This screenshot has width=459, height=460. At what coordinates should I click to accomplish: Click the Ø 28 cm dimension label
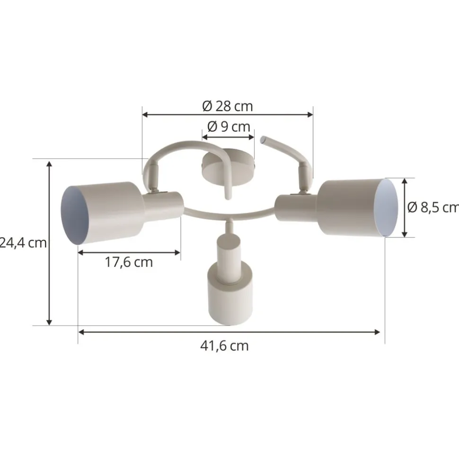[228, 106]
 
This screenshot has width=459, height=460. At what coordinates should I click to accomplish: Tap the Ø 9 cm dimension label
[229, 127]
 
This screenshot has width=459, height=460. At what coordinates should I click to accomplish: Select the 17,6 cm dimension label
[129, 262]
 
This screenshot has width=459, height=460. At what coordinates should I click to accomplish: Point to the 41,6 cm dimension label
[224, 346]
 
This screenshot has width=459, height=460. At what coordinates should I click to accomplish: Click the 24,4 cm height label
[24, 243]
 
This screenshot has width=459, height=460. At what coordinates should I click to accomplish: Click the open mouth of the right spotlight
[387, 207]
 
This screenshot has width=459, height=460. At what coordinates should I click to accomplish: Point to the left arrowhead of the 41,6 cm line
[81, 332]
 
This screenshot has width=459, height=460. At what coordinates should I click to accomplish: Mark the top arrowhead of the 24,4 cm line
[49, 163]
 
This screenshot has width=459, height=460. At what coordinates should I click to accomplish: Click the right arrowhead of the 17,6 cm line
[178, 253]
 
